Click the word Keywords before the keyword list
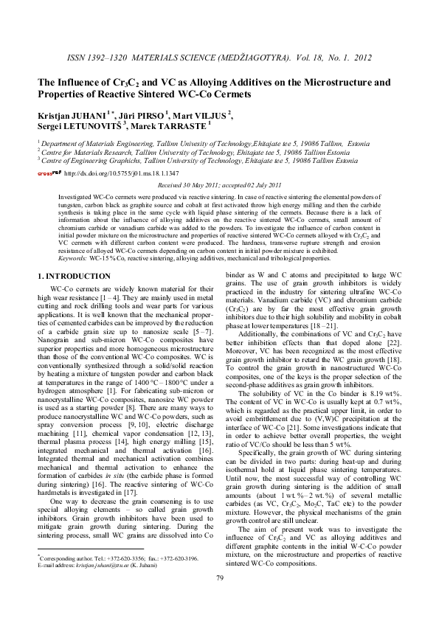pyautogui.click(x=72, y=259)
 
